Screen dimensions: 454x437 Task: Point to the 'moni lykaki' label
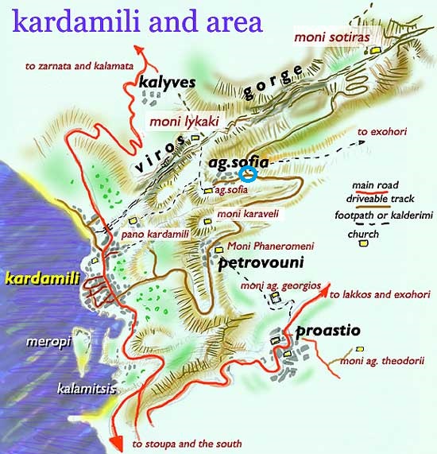tap(184, 122)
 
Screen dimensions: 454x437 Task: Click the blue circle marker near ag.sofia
tap(248, 174)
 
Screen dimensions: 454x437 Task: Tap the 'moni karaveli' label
tap(248, 215)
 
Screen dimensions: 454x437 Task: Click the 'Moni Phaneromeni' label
tap(266, 246)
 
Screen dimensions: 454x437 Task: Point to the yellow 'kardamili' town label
tap(39, 278)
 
